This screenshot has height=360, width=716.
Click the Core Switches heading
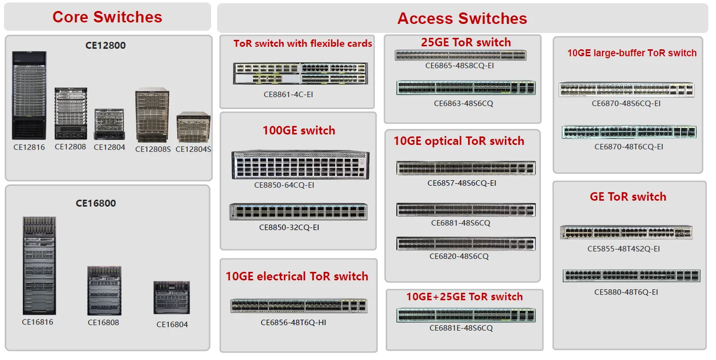tap(108, 17)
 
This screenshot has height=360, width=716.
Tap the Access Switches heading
tap(462, 18)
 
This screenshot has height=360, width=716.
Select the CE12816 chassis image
tap(29, 95)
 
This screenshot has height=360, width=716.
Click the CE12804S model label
tap(193, 149)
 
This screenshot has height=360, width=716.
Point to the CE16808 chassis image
tap(104, 291)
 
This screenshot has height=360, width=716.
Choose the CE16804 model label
tap(172, 325)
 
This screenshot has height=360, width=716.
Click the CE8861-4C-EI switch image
tap(300, 74)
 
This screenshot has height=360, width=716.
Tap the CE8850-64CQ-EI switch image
tap(300, 164)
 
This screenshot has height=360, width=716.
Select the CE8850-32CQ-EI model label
tap(289, 228)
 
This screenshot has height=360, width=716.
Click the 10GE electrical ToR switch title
tap(297, 276)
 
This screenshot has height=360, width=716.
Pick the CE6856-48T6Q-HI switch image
tap(299, 306)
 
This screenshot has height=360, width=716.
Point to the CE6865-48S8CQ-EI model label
tap(460, 66)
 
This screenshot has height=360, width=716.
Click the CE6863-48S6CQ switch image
tap(466, 88)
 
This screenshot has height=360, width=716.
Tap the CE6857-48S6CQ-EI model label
tap(462, 183)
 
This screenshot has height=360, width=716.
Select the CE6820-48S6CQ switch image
tap(466, 244)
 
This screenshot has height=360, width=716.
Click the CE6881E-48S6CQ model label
tap(461, 328)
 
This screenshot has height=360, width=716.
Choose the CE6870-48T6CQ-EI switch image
tap(629, 132)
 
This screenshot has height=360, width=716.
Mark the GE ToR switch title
tap(628, 197)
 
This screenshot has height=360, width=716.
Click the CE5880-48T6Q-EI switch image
tap(631, 275)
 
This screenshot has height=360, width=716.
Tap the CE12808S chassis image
tap(152, 115)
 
